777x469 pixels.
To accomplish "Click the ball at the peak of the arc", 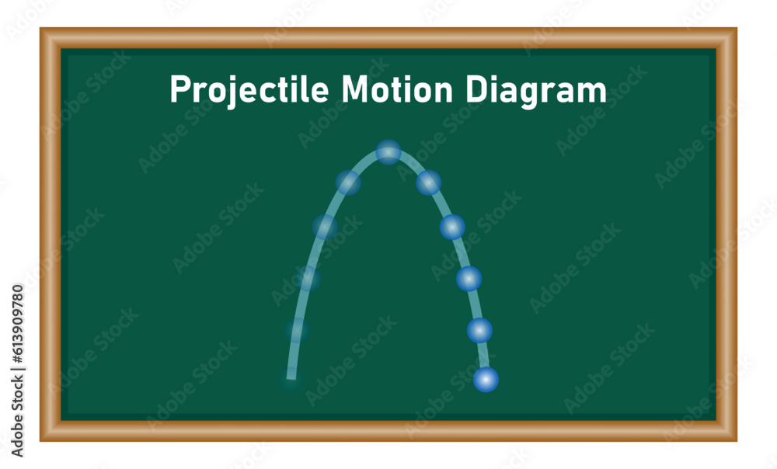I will [x=388, y=152].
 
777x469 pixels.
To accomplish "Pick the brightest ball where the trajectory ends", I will [x=486, y=380].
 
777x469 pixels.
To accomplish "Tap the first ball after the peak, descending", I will [x=428, y=182].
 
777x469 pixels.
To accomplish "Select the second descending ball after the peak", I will [x=452, y=227].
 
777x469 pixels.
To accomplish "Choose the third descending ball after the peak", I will [x=469, y=279].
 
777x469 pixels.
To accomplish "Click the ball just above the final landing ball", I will [x=479, y=330].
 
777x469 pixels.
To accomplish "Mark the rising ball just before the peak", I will [x=348, y=182].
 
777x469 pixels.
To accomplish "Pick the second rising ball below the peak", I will [x=325, y=227].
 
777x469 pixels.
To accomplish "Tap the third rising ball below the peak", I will [x=308, y=279].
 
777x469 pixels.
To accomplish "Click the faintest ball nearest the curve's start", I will [x=297, y=331].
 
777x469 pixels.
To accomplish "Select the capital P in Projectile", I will [x=178, y=90].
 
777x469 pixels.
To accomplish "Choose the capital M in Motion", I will [x=354, y=90].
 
